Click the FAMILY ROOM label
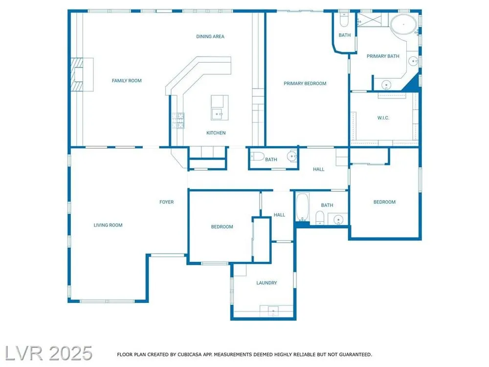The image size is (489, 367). coord(127,81)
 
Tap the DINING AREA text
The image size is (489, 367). coord(210,37)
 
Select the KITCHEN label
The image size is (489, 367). coord(216,133)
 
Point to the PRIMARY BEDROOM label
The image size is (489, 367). coord(305,83)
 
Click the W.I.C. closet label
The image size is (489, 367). coord(383,117)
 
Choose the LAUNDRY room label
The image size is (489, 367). coord(267,283)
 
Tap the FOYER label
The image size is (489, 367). coord(167,202)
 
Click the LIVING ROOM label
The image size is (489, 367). coord(108,225)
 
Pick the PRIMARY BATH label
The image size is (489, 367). coord(383,56)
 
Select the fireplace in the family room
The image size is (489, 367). coord(82,74)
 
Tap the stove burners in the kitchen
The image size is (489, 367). coord(178,120)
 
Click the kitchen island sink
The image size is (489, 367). coord(218,114)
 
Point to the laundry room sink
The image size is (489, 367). coord(273,311)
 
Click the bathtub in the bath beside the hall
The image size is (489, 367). coord(302,207)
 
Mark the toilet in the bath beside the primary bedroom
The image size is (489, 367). coord(344,20)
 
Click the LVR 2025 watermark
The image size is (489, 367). coord(48,353)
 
